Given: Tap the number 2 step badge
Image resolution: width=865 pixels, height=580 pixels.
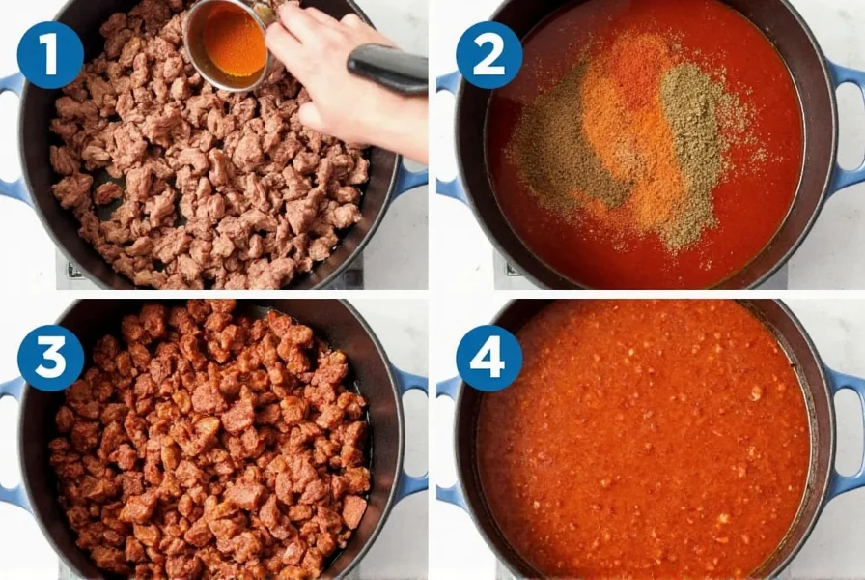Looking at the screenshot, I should coord(488,55).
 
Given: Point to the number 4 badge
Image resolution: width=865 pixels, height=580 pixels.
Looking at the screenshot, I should coord(488,358).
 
